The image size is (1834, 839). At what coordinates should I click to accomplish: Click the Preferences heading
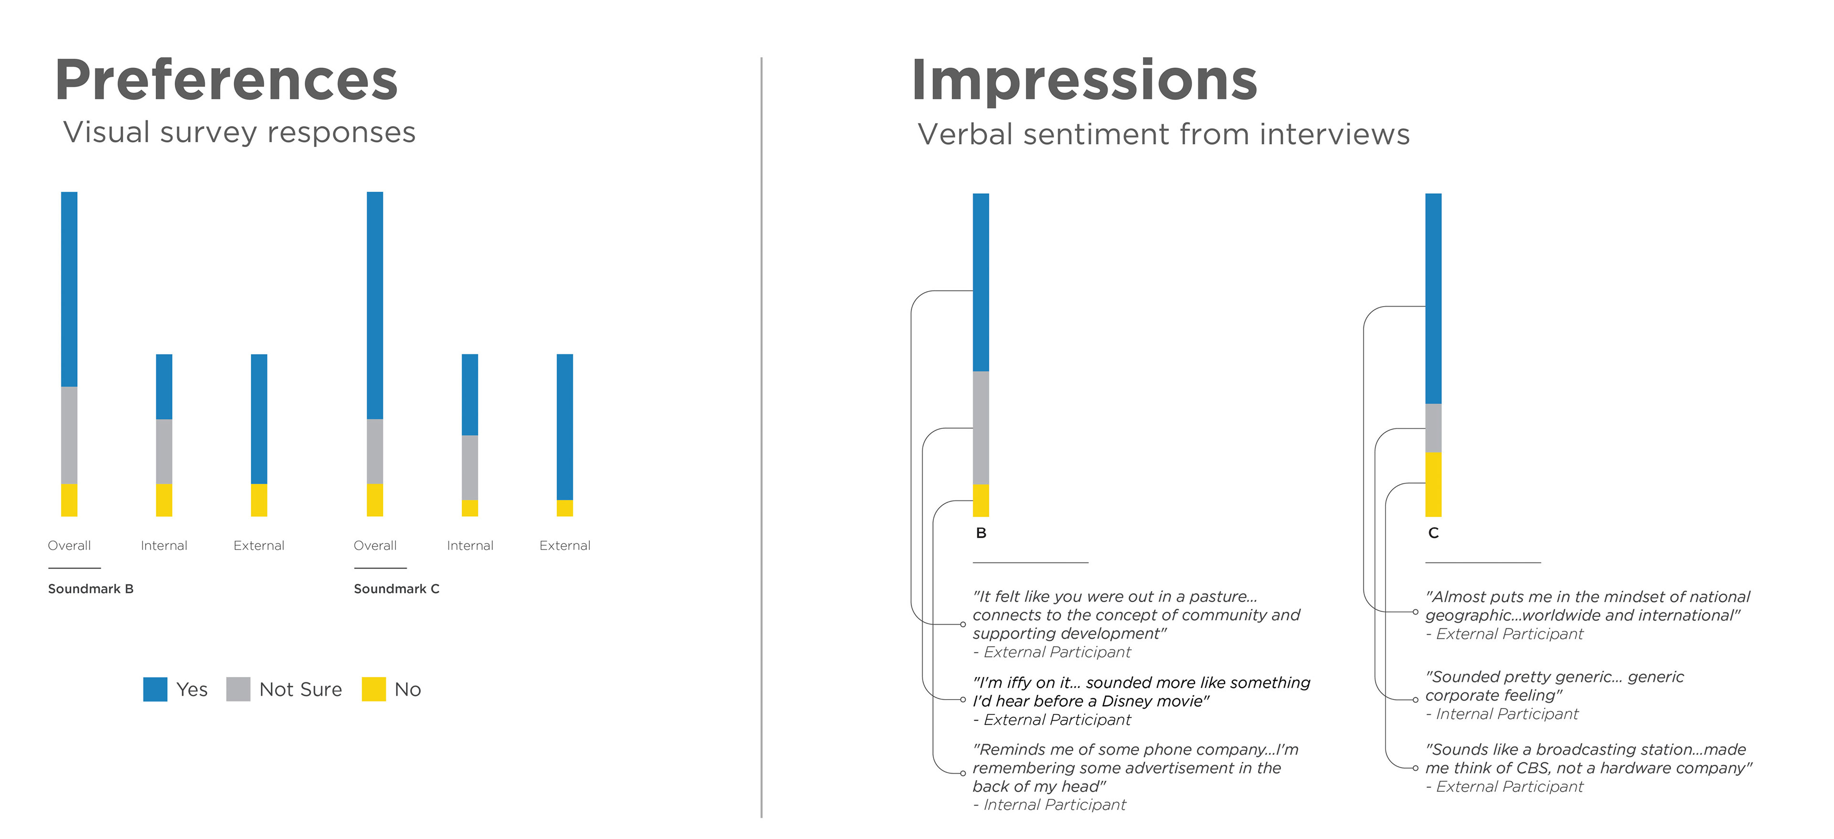pos(226,80)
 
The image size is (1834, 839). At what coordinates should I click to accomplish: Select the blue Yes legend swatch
pos(155,689)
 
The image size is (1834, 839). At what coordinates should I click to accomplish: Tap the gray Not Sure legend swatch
pos(238,689)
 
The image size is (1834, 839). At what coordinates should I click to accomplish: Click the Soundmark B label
pos(90,588)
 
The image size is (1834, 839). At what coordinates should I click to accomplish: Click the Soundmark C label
pos(396,588)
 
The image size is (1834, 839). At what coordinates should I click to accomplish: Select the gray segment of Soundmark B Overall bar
pos(69,435)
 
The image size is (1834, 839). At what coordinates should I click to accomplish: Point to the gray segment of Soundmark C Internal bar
pos(470,467)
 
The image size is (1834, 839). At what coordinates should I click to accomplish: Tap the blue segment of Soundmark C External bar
pos(565,426)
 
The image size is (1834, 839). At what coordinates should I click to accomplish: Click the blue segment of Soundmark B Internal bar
pos(164,386)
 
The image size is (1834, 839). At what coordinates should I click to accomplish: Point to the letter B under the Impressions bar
pos(981,533)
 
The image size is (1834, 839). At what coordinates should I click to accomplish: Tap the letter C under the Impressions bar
pos(1433,533)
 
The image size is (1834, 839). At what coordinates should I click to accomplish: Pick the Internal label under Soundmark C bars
pos(470,545)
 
